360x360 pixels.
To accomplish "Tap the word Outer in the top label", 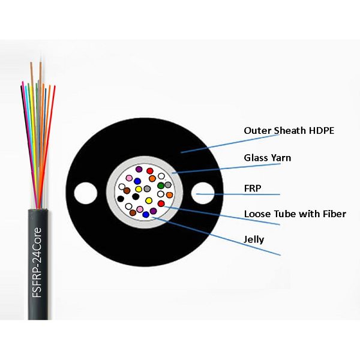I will (255, 130).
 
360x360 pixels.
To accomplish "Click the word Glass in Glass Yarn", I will (255, 158).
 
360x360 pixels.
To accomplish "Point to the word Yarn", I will (281, 158).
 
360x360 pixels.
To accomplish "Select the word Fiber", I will (332, 214).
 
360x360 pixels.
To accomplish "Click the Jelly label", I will (254, 240).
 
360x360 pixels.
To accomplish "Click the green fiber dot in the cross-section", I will (161, 185).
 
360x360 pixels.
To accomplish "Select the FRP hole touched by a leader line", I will (203, 194).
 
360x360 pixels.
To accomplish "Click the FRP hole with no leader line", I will (83, 194).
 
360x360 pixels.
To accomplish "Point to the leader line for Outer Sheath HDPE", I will (210, 145).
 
